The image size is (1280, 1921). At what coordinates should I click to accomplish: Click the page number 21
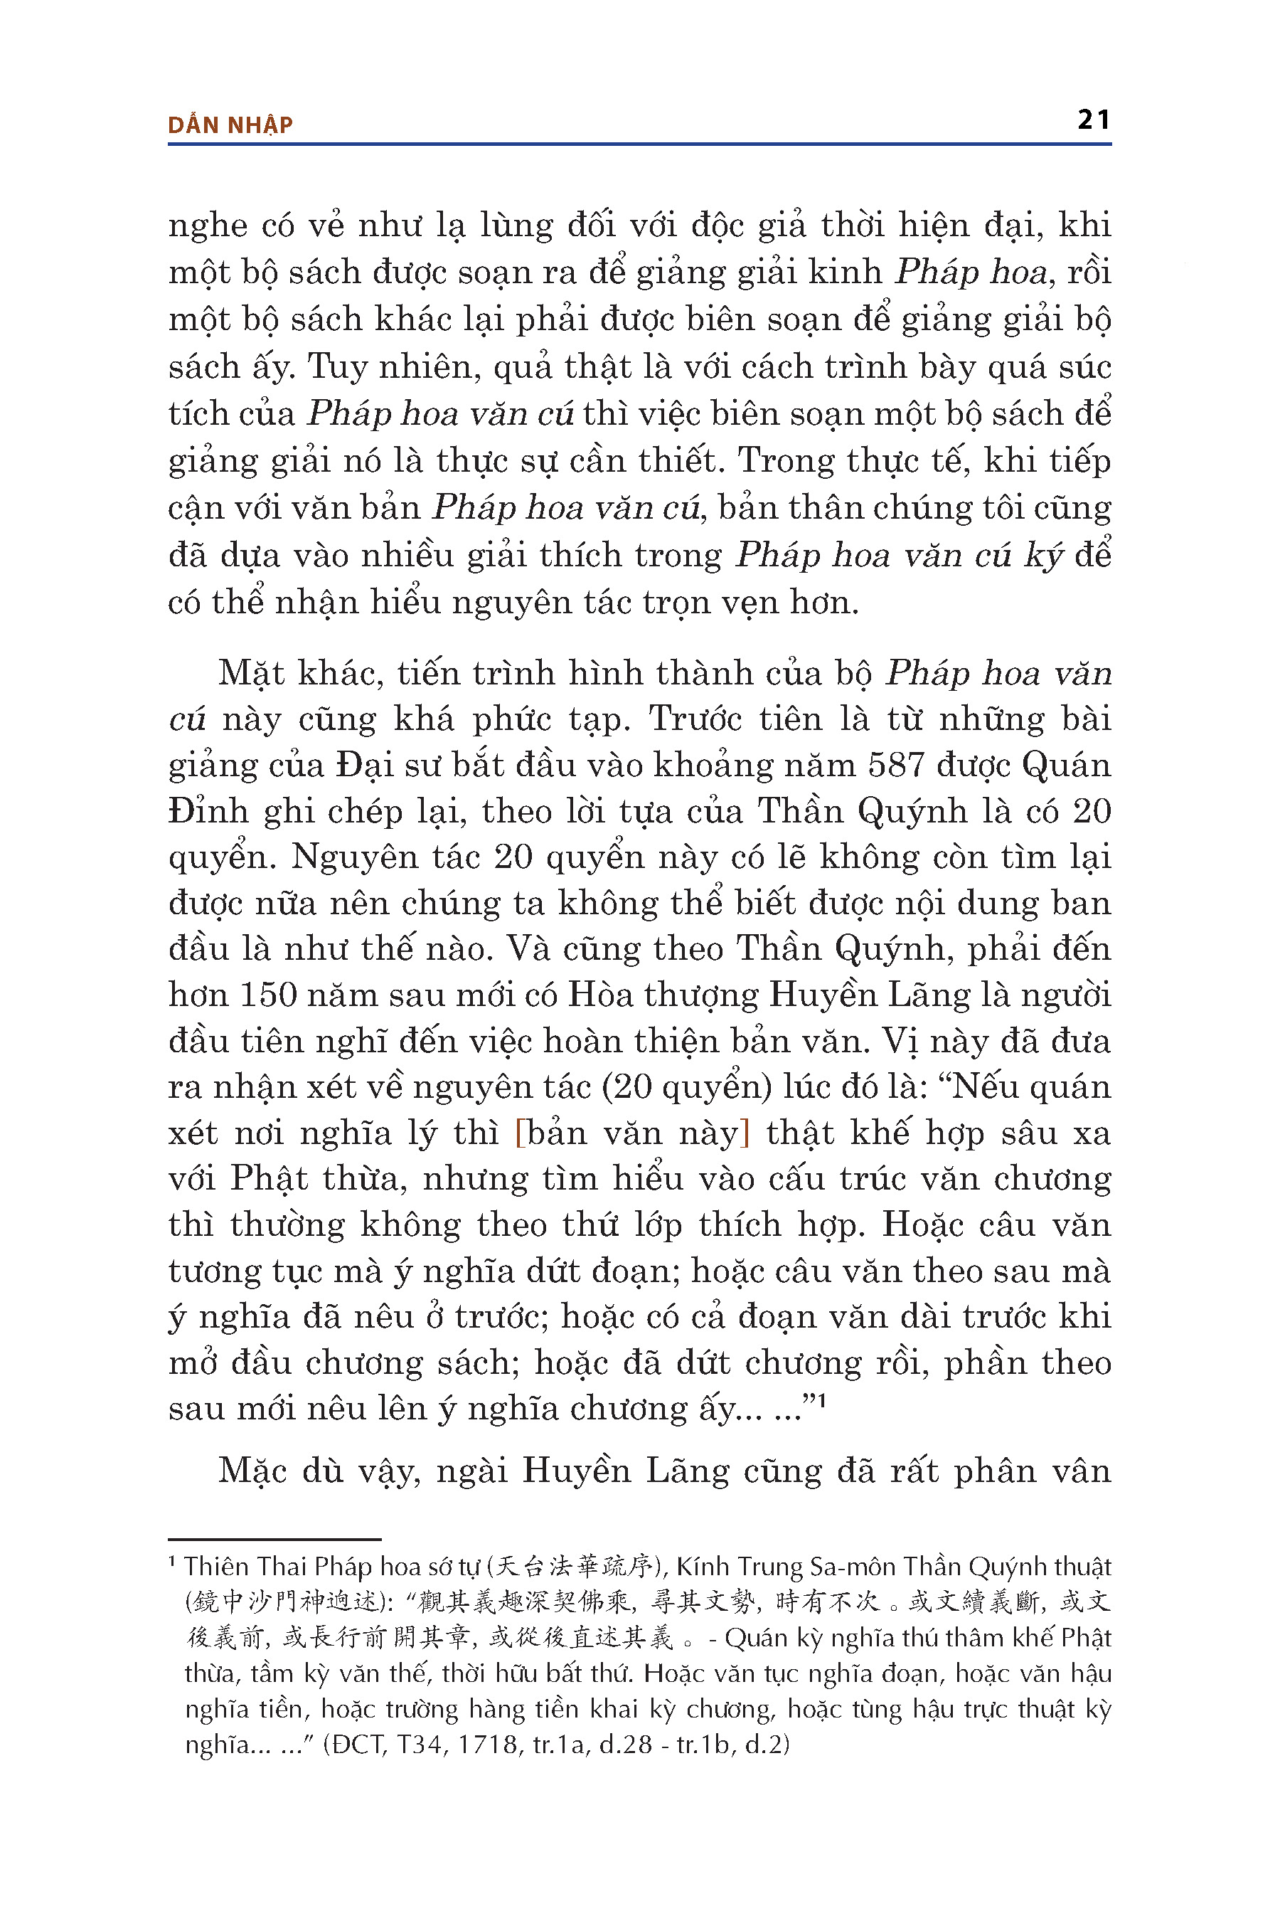pos(1093,120)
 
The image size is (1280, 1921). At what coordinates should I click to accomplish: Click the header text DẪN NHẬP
pos(230,125)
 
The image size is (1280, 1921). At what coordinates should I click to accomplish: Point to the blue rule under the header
pos(639,144)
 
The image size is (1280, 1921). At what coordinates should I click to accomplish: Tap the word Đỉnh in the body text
pos(208,811)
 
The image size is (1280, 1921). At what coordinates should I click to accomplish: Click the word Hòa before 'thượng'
pos(599,995)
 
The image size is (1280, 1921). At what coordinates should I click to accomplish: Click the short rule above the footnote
pos(274,1539)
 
